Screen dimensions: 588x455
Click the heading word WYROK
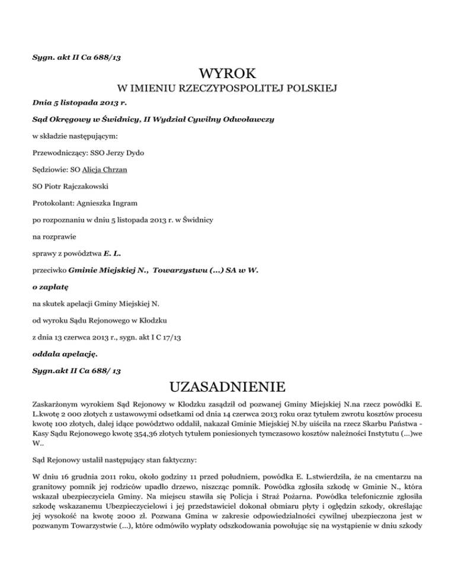pos(227,75)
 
